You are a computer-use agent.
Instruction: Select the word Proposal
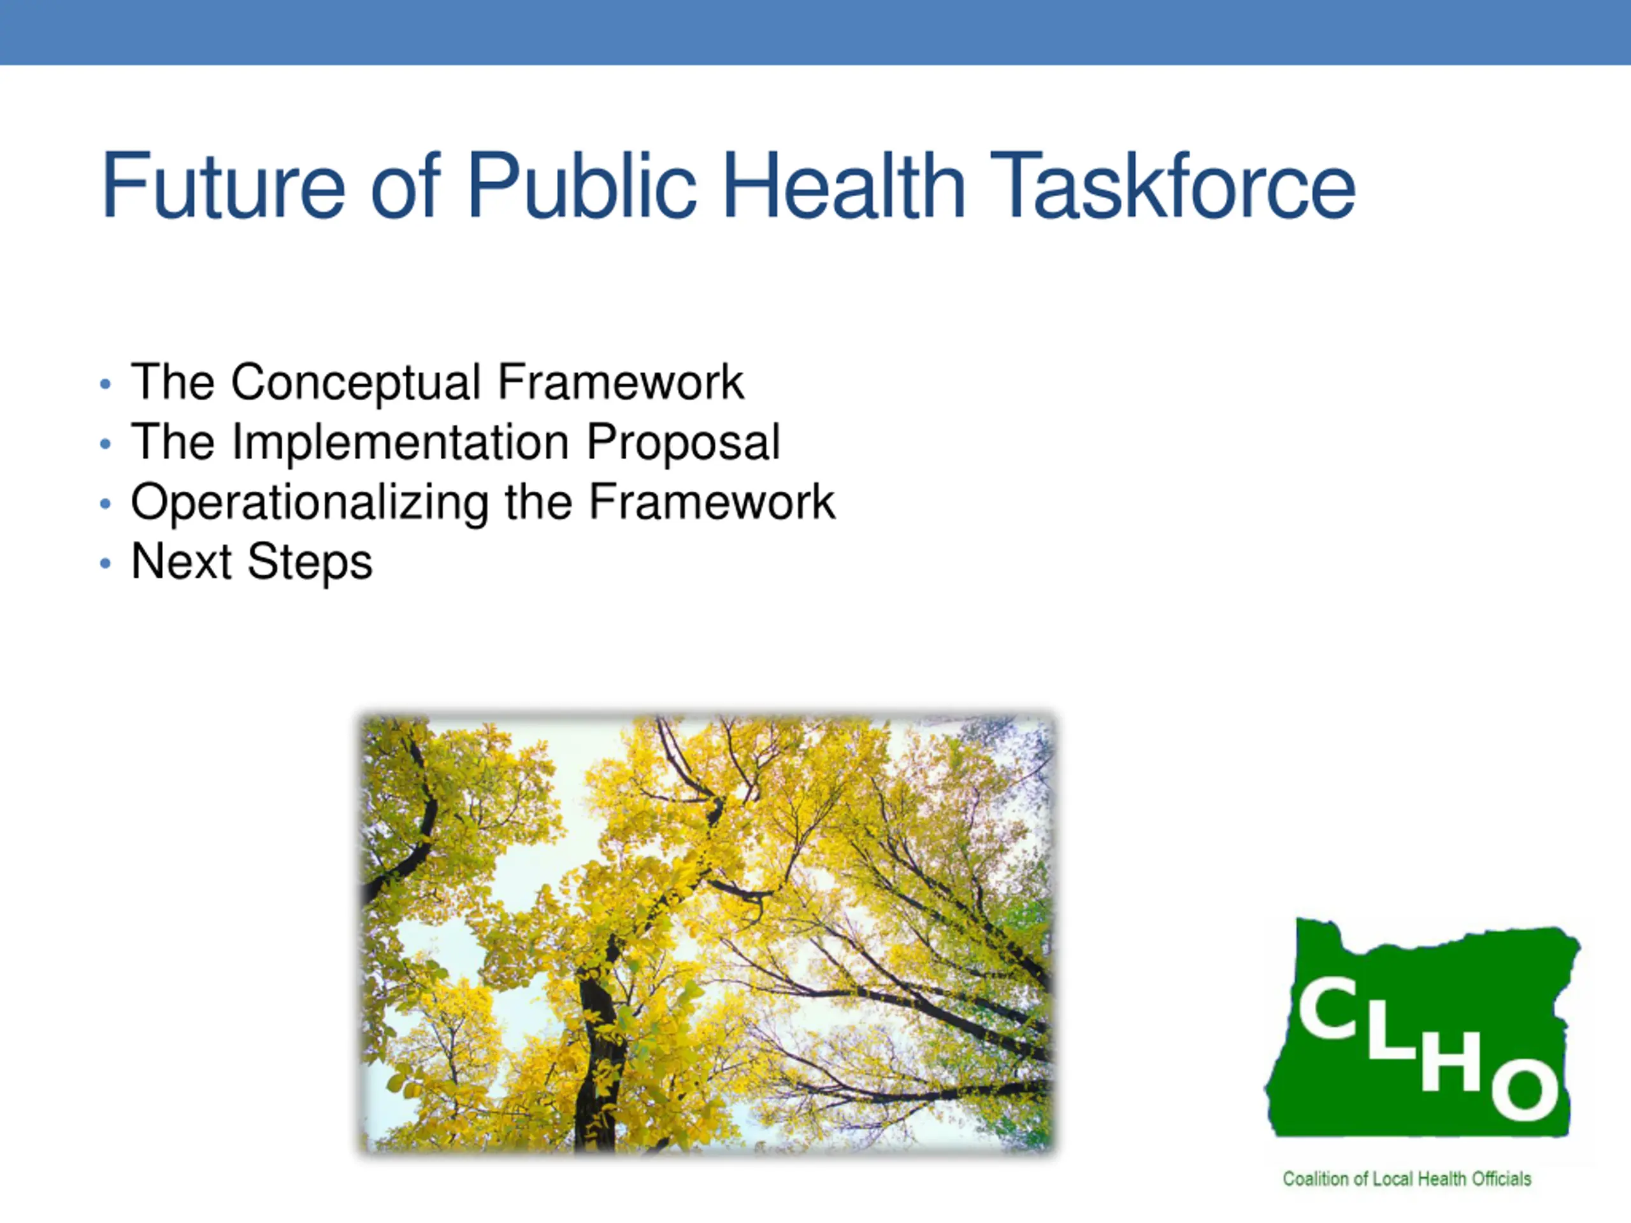click(684, 443)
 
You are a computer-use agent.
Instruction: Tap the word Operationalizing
click(310, 503)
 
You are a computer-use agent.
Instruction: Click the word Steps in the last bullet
click(310, 562)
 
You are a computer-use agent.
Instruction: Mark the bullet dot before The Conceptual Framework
click(105, 384)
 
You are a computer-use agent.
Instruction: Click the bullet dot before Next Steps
click(105, 564)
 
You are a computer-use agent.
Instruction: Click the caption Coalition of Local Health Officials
click(1407, 1179)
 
